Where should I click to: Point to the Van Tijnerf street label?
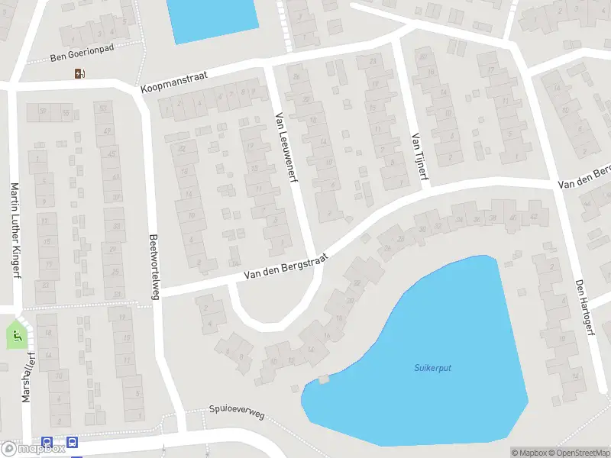click(419, 158)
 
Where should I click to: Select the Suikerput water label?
click(433, 368)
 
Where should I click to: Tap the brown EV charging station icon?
click(79, 74)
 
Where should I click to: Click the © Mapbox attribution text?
click(529, 453)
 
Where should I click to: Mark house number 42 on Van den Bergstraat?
click(533, 216)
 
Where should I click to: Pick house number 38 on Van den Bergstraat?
click(493, 218)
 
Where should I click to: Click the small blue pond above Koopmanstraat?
click(212, 18)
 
